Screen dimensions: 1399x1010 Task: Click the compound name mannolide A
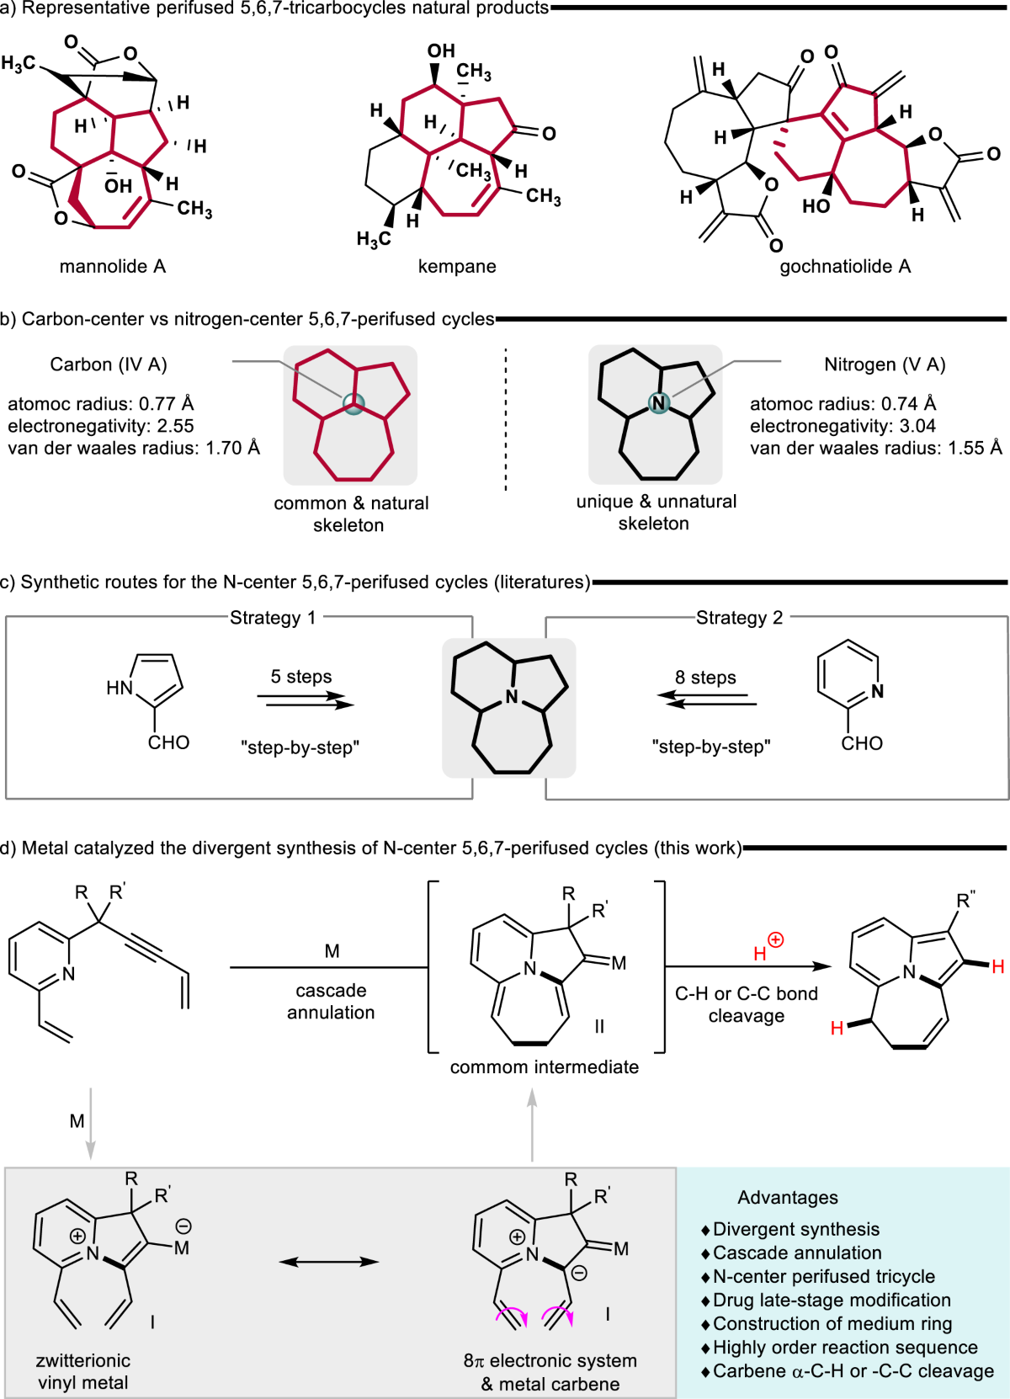point(113,266)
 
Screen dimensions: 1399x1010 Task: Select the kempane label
point(457,266)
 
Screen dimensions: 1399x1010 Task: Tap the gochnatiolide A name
point(845,266)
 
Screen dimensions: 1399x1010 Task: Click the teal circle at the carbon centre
point(354,404)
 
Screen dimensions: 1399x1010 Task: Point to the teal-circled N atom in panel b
point(659,403)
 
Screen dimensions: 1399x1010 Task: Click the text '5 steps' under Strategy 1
point(301,677)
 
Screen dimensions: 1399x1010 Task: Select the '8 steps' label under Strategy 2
point(705,678)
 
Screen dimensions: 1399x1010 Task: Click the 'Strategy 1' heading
point(273,618)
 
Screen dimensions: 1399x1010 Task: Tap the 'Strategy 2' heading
point(739,618)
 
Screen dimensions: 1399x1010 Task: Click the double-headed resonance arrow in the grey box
point(329,1261)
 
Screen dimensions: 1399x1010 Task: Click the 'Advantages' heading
point(788,1197)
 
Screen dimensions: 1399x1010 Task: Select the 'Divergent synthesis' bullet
point(795,1229)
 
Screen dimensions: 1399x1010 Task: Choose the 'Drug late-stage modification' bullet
point(831,1300)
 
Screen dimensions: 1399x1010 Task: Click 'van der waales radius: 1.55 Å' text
point(876,448)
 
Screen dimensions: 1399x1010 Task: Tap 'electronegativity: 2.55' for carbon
point(101,426)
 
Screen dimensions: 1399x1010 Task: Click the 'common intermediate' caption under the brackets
point(545,1067)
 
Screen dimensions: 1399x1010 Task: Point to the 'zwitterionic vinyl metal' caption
point(82,1371)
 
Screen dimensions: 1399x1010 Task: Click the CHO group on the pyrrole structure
point(168,742)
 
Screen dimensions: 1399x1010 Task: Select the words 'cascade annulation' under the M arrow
point(331,1002)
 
